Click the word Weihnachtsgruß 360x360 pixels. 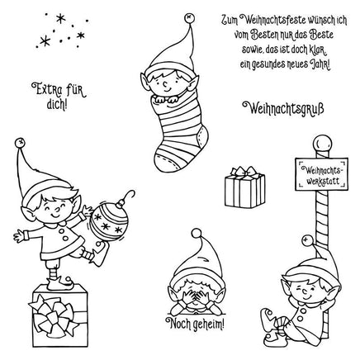click(x=282, y=108)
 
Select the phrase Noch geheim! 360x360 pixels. click(x=195, y=324)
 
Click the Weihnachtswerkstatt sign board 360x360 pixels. click(x=321, y=174)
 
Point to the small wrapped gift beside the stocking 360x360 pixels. click(x=244, y=187)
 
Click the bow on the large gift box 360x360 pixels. click(x=54, y=316)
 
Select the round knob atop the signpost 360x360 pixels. click(x=322, y=143)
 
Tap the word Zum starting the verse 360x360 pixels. click(x=230, y=21)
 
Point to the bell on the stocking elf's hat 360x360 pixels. click(x=190, y=18)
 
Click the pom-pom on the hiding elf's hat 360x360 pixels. click(x=197, y=234)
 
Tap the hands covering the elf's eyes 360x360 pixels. click(x=196, y=297)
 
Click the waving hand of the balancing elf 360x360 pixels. click(x=19, y=236)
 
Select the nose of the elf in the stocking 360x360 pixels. click(x=165, y=83)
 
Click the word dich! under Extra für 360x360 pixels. click(x=57, y=105)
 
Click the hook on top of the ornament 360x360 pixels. click(x=127, y=195)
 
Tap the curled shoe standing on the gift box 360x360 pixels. click(x=59, y=283)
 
